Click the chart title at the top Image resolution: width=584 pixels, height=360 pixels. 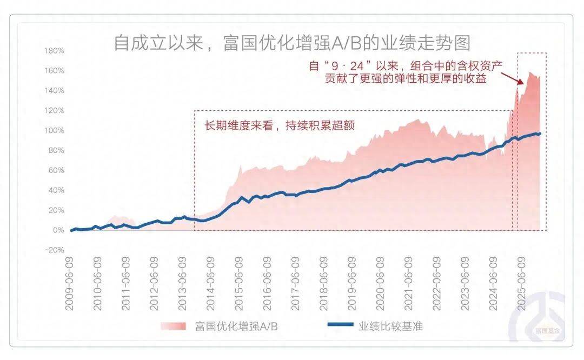point(292,42)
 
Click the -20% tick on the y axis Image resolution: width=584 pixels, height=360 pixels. point(54,250)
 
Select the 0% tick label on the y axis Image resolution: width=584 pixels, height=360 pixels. point(57,230)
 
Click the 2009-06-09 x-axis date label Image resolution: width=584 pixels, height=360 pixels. point(70,283)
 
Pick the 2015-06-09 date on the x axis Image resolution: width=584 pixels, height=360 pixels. point(238,283)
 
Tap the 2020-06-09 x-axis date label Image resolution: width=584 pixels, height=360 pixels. point(380,283)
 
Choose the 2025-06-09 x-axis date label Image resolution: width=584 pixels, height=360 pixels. point(521,283)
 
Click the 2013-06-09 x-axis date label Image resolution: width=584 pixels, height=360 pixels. point(182,283)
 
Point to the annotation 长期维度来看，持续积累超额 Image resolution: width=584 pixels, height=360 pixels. point(279,125)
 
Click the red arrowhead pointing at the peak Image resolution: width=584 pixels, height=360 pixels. point(520,83)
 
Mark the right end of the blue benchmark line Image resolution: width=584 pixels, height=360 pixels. point(539,134)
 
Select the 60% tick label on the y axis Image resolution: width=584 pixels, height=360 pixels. point(55,170)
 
